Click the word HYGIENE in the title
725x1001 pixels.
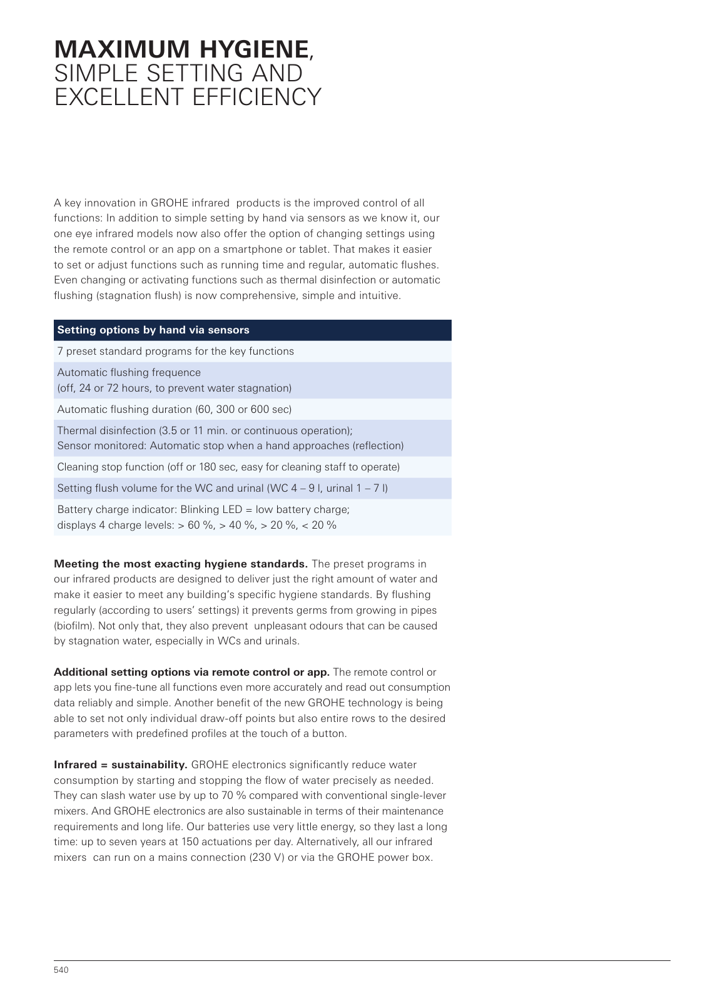pos(254,49)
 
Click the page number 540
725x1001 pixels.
pos(61,970)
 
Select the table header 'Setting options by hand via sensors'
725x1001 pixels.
pos(153,330)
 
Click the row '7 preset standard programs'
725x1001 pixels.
pos(175,352)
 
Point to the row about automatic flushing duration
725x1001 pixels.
pos(174,410)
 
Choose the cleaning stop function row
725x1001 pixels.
pos(228,467)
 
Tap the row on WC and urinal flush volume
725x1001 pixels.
pos(222,489)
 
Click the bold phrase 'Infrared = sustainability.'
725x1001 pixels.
pos(121,765)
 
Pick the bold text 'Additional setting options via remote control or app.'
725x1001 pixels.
pos(191,673)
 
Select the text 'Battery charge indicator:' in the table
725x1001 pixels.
pos(117,510)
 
